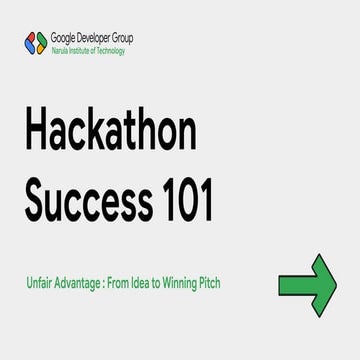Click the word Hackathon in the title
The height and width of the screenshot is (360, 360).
(111, 135)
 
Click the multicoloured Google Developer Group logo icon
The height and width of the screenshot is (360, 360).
(35, 42)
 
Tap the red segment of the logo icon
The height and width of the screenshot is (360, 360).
(30, 38)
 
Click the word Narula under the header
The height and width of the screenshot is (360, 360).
(59, 50)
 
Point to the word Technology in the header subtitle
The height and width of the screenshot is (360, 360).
(112, 50)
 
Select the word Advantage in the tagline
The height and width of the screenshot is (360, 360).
(82, 283)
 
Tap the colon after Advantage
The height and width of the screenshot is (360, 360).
(109, 283)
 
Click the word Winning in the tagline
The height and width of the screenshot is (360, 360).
(184, 283)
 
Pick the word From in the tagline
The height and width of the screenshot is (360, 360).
(124, 283)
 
